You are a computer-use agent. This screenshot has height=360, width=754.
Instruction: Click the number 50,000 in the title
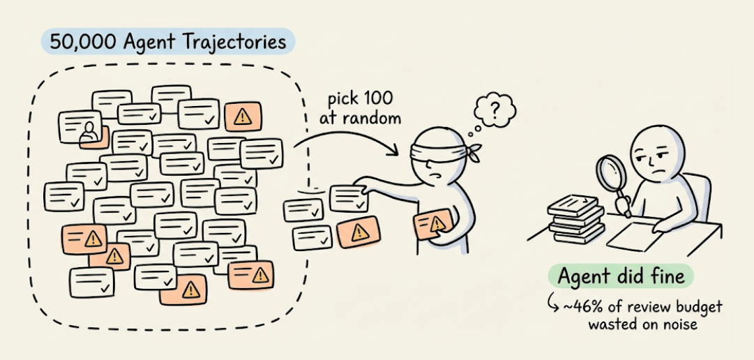tap(77, 41)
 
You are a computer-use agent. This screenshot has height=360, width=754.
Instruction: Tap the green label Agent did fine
tap(621, 277)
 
